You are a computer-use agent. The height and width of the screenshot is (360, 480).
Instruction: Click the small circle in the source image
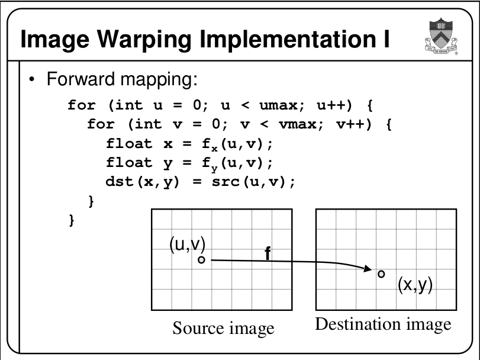point(201,259)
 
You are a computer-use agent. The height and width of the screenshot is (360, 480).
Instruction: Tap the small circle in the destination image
point(381,274)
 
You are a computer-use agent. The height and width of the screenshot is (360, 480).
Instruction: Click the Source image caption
point(223,327)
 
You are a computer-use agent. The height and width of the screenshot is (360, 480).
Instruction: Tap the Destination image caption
point(383,324)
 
